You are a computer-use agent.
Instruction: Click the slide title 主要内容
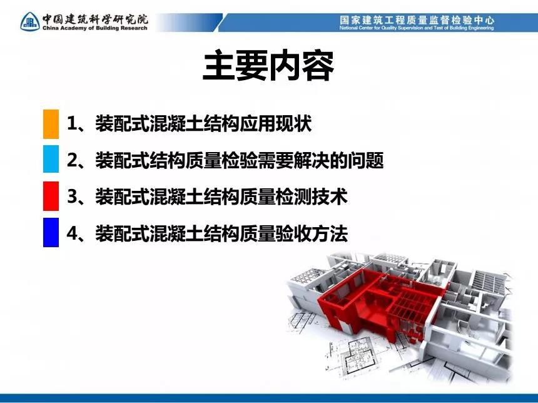coord(268,66)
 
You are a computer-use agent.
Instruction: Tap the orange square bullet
coord(51,124)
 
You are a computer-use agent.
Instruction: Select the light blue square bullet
coord(51,158)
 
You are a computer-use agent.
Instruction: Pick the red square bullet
coord(51,196)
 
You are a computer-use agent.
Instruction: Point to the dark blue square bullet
coord(51,232)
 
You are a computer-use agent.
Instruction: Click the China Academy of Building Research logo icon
coord(30,22)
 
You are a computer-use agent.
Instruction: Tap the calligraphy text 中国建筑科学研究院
coord(95,19)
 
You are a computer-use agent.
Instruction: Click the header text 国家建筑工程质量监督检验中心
coord(417,20)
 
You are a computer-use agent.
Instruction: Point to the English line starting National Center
coord(417,28)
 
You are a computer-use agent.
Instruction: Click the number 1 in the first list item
coord(71,123)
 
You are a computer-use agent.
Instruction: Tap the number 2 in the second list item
coord(72,160)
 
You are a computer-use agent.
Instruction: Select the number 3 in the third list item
coord(72,197)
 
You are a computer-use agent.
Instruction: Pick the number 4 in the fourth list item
coord(72,233)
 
